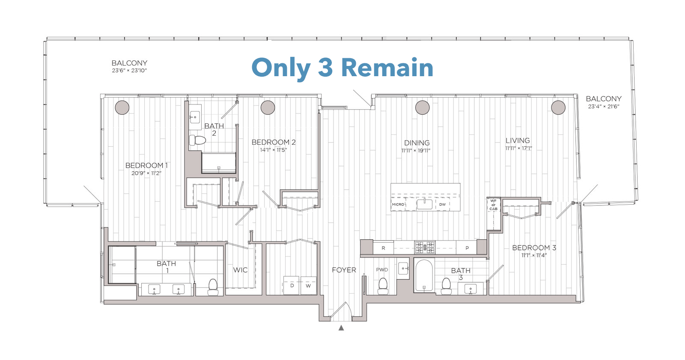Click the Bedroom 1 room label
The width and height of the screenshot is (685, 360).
146,166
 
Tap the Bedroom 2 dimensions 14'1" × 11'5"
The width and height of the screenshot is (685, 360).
274,150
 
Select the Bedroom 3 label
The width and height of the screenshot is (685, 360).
534,248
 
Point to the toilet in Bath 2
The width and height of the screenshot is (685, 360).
197,140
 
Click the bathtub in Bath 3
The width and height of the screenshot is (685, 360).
424,275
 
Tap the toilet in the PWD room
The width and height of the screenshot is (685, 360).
383,286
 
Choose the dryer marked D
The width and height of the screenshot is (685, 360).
292,286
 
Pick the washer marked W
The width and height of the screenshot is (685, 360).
308,286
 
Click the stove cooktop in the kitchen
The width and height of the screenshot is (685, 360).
424,247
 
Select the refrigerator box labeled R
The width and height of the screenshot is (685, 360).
383,248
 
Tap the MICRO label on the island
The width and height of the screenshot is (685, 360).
398,204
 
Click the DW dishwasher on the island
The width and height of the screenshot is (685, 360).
443,204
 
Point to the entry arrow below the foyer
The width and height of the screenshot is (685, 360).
341,328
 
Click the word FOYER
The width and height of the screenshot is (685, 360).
344,270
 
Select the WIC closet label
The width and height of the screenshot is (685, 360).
240,270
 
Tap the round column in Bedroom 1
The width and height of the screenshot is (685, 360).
122,108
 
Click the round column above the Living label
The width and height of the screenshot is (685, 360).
558,108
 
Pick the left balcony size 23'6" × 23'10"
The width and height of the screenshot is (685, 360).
129,71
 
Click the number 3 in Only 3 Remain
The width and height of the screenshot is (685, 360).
325,68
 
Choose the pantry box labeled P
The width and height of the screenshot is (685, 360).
467,248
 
